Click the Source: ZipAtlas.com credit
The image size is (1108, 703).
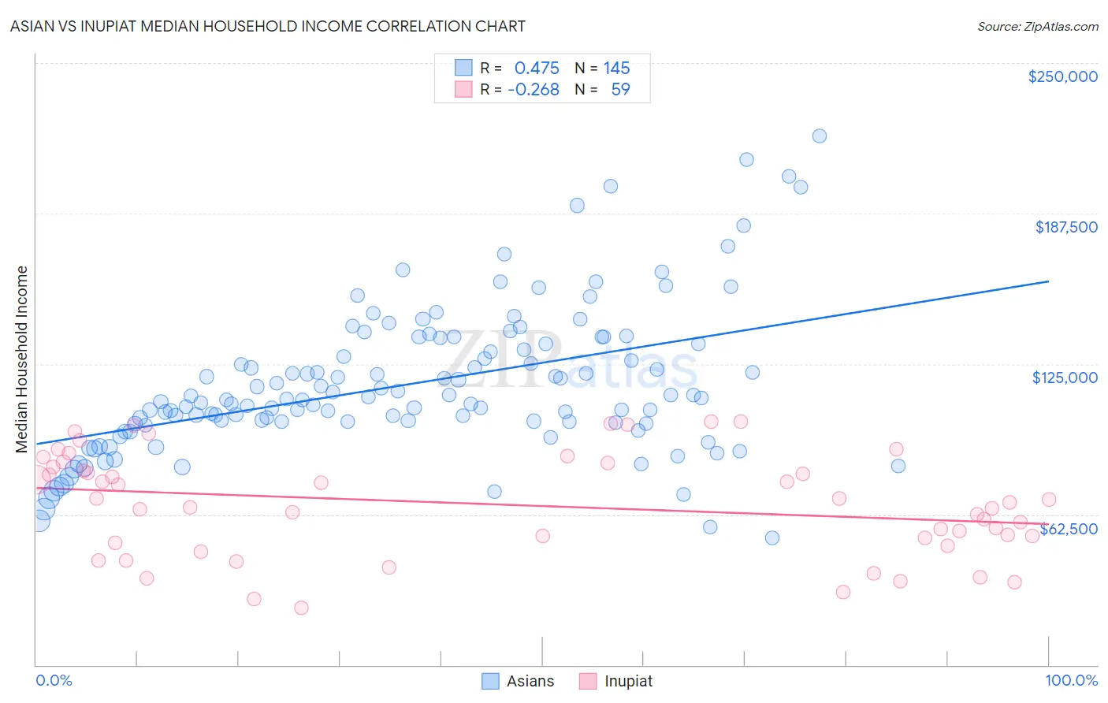[1037, 26]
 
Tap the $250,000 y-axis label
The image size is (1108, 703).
[1062, 76]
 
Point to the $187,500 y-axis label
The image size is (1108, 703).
[1065, 227]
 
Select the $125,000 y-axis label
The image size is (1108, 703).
[1065, 378]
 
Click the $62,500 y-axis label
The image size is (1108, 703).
[1069, 529]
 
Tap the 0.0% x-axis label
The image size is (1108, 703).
[54, 680]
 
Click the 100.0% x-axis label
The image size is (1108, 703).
[1071, 680]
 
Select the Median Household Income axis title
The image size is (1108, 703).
[21, 359]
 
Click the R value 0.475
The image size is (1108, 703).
[537, 69]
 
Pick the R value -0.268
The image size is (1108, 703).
[534, 90]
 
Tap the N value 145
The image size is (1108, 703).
[617, 69]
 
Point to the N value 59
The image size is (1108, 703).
[620, 90]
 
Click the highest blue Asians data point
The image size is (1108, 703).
[820, 136]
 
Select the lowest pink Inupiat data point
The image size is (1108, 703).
[301, 608]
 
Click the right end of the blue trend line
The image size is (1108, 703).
[1048, 281]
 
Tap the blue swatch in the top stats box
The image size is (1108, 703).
[463, 68]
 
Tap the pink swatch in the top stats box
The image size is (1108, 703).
[463, 89]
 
